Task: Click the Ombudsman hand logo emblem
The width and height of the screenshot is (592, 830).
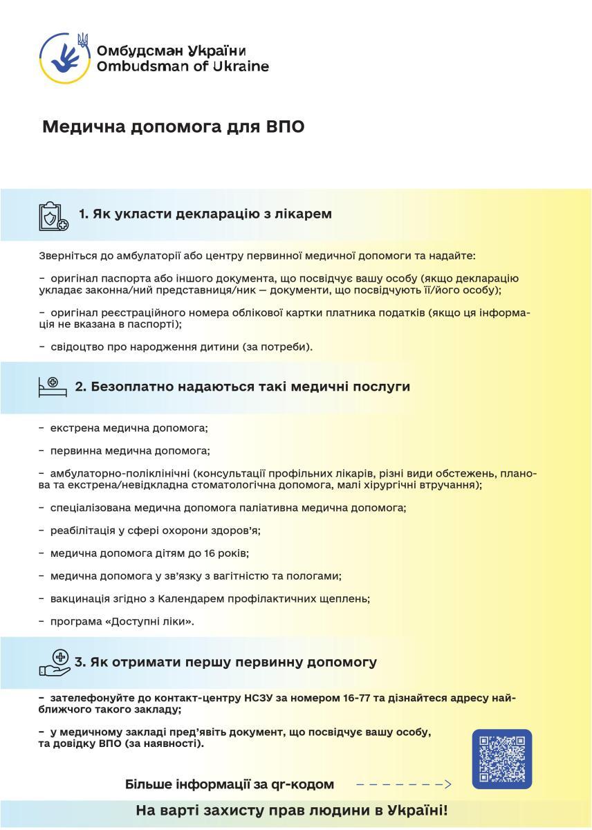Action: click(x=64, y=56)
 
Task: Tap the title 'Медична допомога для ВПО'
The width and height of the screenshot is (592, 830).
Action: click(x=174, y=127)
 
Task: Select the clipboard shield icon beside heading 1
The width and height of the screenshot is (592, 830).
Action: click(x=53, y=216)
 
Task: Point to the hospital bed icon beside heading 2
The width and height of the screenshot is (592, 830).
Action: click(x=53, y=387)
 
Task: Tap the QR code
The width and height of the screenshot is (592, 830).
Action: click(x=501, y=759)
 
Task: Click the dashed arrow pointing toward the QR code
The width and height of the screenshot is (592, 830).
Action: click(x=403, y=784)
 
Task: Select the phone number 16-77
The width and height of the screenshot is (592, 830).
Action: click(x=356, y=698)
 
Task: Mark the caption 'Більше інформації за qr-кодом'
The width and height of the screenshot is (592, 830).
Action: click(x=230, y=784)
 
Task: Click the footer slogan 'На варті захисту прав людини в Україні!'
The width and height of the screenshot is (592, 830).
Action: click(x=292, y=810)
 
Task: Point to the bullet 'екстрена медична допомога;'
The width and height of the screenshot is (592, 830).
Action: click(x=129, y=428)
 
